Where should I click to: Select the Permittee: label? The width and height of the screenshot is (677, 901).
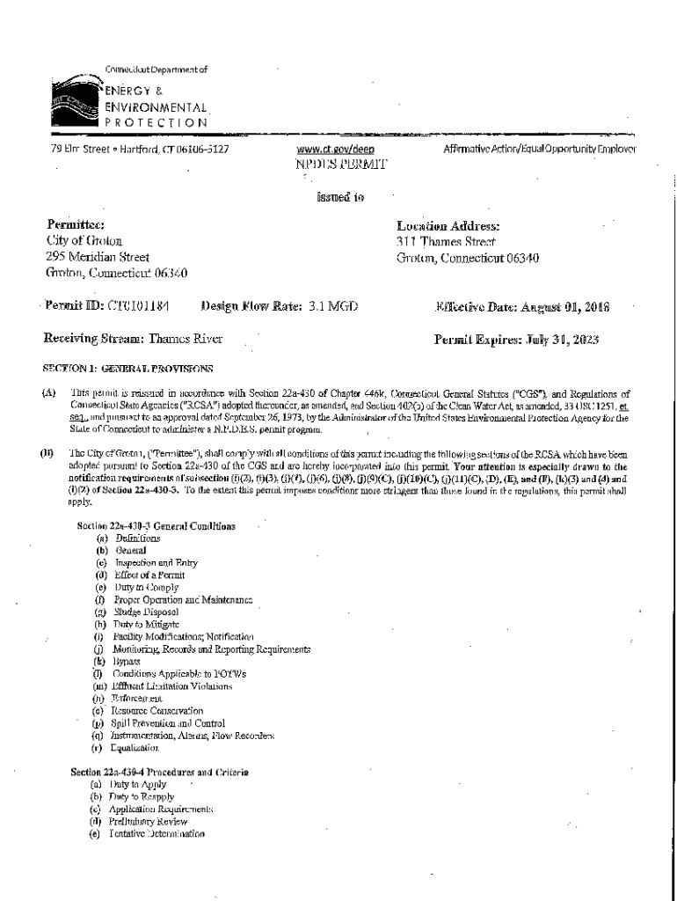[x=76, y=225]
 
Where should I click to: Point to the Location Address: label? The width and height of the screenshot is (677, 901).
[x=448, y=225]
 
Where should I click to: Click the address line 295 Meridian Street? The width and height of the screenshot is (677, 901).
[x=98, y=257]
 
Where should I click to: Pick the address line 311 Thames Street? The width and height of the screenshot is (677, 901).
[x=446, y=241]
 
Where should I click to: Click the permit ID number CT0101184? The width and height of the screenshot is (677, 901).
[x=138, y=306]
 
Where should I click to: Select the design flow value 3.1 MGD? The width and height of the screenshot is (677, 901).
[x=331, y=306]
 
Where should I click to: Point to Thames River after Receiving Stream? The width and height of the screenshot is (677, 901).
[x=186, y=339]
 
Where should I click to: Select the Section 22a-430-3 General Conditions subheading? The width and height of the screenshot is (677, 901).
[x=156, y=525]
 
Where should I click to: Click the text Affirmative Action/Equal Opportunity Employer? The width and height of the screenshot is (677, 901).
[x=540, y=150]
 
